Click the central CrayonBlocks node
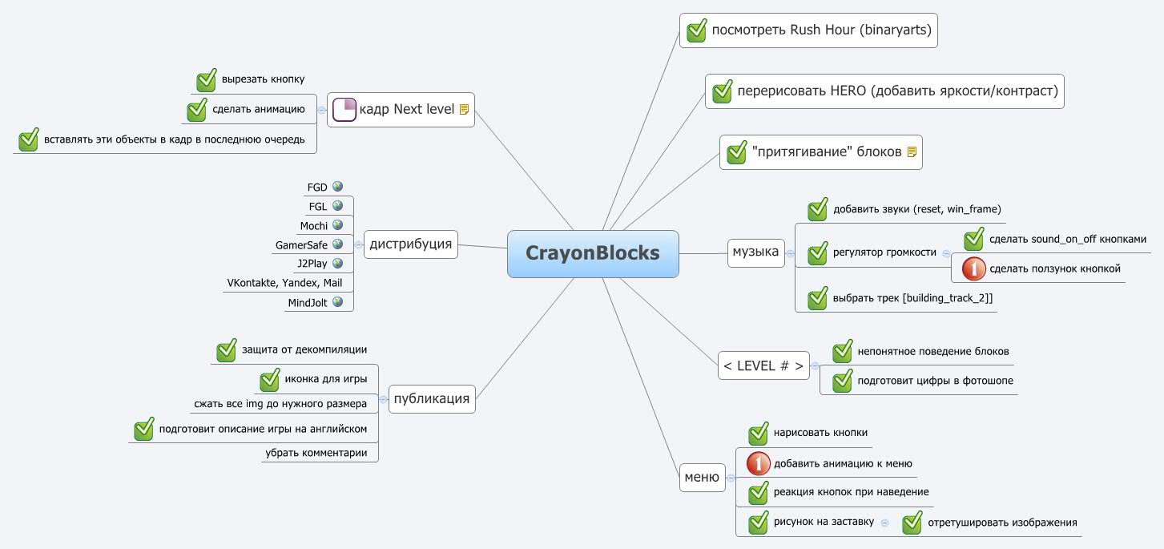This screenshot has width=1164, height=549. (593, 253)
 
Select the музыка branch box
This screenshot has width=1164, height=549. (755, 252)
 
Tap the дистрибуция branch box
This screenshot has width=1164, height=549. (411, 244)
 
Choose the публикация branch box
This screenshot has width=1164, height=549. (432, 398)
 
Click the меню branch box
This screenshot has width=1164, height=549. (702, 477)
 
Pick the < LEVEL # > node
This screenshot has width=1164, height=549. (763, 365)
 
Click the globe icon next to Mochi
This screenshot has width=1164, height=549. (338, 225)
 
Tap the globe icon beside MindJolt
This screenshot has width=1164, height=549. (338, 301)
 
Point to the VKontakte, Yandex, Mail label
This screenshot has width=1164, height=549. (284, 283)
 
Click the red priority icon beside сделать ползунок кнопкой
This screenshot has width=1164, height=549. (973, 269)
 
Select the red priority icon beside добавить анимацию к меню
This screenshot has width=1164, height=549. (758, 464)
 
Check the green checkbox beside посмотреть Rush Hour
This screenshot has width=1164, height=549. (695, 31)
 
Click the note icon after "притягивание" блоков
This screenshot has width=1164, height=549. (912, 152)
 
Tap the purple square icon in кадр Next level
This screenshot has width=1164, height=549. (344, 109)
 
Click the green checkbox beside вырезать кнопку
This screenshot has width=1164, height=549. (207, 80)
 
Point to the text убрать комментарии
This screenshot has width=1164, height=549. (316, 453)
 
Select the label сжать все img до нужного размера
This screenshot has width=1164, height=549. (280, 404)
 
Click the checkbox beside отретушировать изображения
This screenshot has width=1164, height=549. (912, 523)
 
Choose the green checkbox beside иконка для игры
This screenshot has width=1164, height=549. (270, 380)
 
